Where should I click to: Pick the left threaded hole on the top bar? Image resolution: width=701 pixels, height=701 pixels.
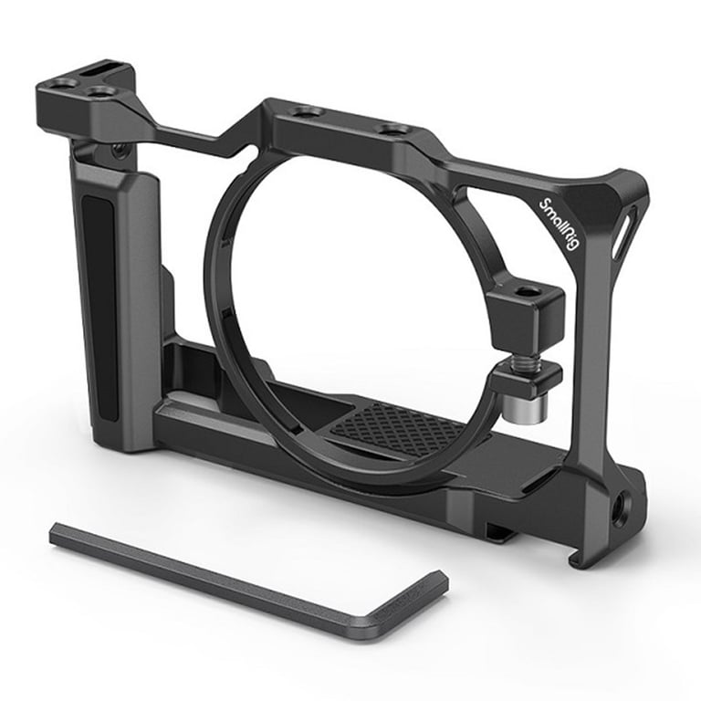306,111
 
